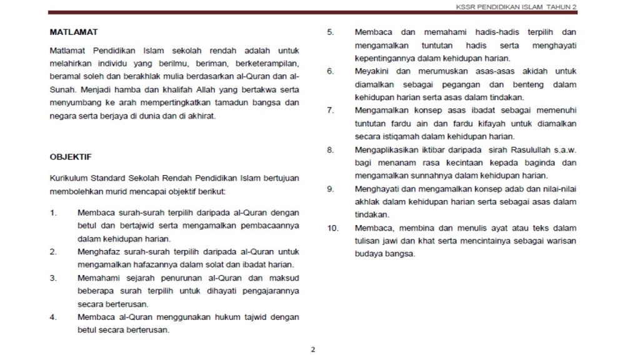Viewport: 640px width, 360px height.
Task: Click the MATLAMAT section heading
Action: (74, 32)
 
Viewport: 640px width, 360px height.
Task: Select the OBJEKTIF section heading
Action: (71, 157)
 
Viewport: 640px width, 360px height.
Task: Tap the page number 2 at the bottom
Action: (313, 349)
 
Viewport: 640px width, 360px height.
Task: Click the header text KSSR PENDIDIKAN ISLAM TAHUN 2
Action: (516, 6)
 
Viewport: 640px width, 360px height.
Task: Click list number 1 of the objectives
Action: (54, 212)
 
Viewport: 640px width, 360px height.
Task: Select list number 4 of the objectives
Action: (54, 317)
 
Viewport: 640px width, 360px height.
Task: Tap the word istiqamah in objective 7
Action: (405, 136)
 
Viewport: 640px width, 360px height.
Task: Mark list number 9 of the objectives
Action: (331, 189)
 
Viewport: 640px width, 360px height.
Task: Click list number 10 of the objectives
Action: (332, 228)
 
